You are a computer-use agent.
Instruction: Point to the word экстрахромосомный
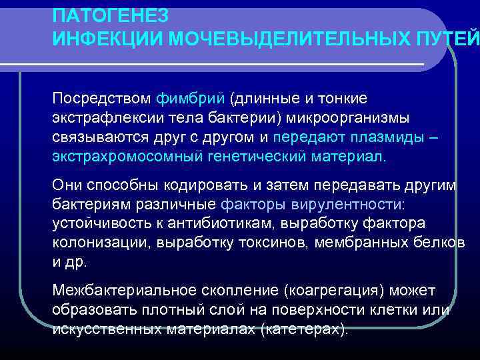119,157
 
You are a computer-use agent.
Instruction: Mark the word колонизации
99,243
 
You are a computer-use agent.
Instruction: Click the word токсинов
269,243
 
